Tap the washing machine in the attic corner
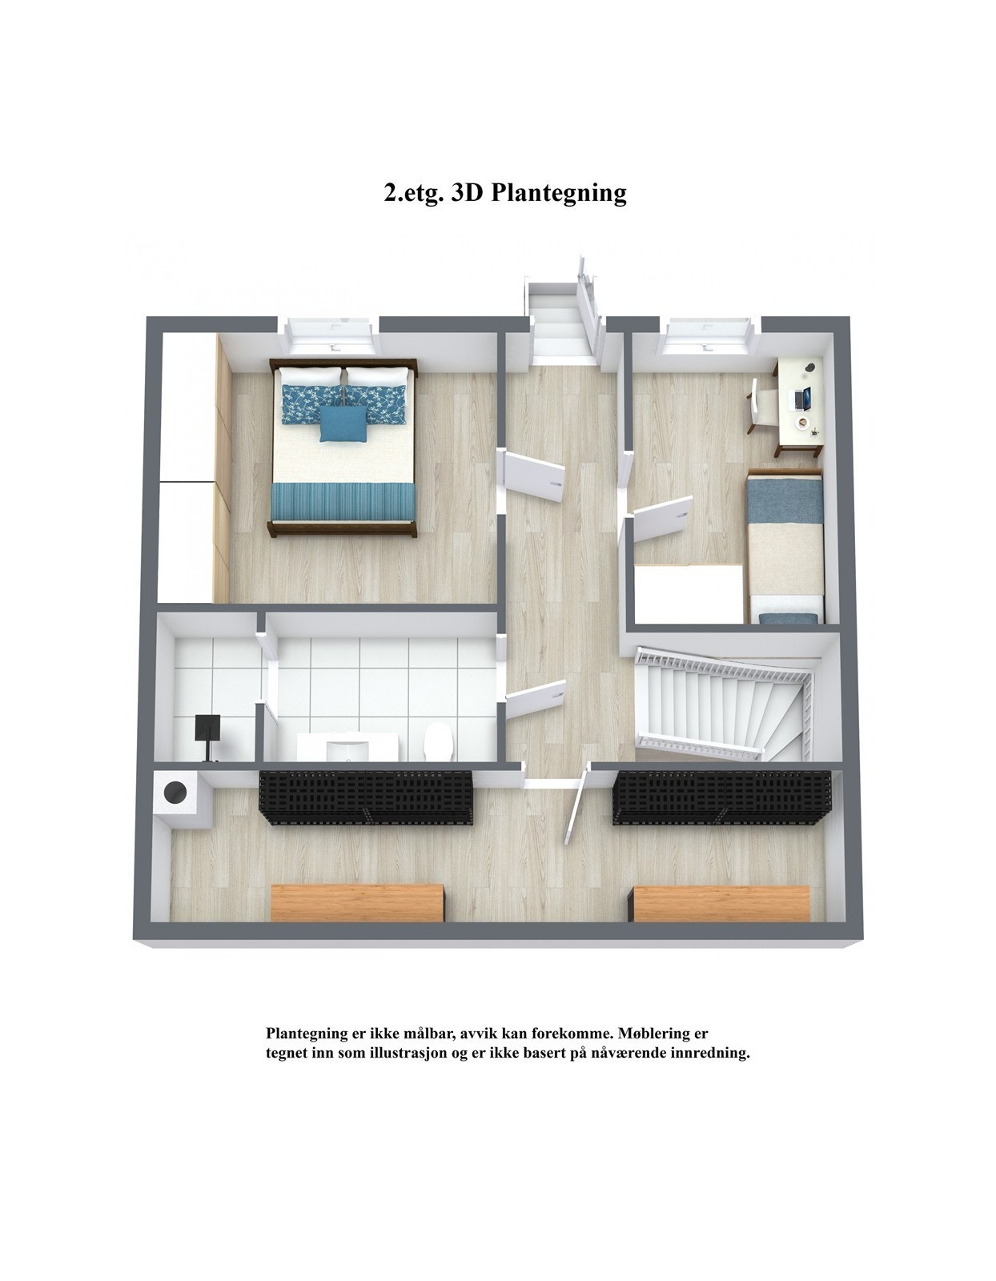point(175,793)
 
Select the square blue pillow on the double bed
point(343,422)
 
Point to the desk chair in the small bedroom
point(761,406)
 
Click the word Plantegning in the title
point(557,193)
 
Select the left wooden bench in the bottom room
point(357,902)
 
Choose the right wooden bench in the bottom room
point(721,903)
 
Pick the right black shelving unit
point(721,797)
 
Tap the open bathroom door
point(535,697)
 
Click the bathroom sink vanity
point(348,749)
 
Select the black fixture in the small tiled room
point(209,730)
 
